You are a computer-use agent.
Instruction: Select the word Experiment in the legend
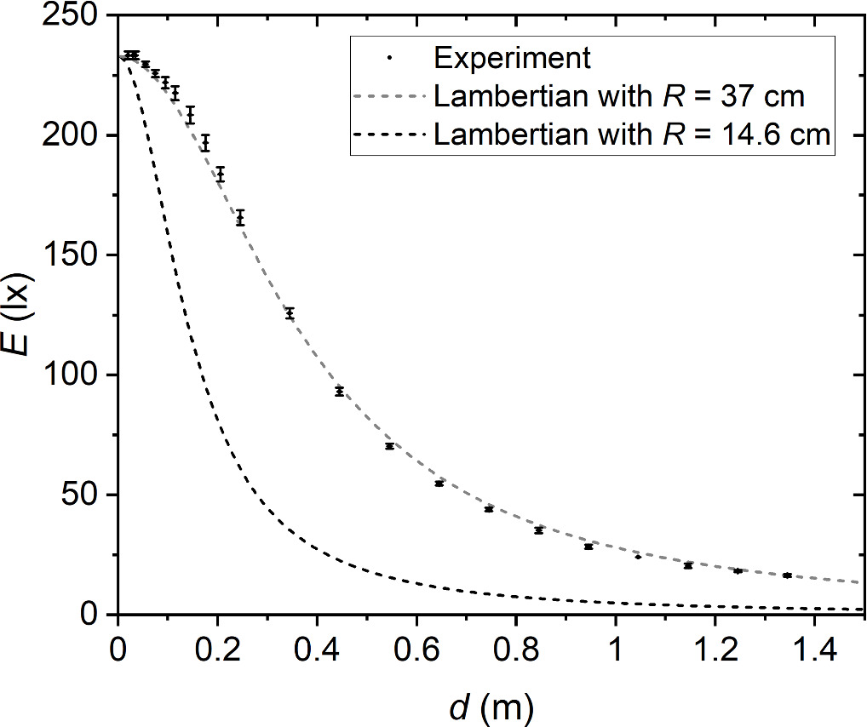pos(511,58)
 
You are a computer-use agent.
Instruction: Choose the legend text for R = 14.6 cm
pos(631,134)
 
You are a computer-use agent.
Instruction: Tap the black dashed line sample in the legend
pos(388,134)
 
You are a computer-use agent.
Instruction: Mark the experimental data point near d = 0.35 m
pos(290,313)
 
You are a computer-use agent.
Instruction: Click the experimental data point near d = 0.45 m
pos(339,392)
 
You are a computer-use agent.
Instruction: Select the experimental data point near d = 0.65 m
pos(439,484)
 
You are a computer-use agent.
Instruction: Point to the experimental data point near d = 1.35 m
pos(787,575)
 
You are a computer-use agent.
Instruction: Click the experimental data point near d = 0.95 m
pos(589,547)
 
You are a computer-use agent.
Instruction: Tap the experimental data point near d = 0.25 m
pos(240,217)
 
